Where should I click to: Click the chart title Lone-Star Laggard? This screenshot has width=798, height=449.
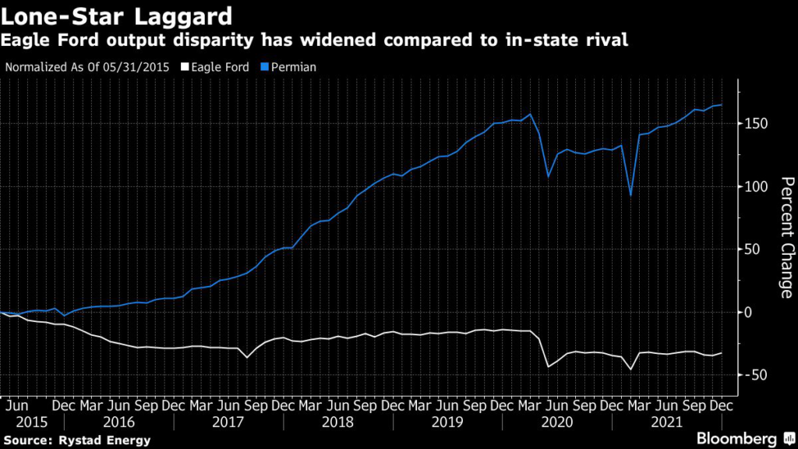[x=117, y=16]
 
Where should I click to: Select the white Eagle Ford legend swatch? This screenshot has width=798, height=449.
[x=185, y=67]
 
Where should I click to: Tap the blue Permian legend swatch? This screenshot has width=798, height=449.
[x=264, y=67]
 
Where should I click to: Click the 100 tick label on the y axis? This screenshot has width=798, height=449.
[x=756, y=187]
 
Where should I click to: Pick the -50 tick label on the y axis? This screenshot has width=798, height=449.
[x=754, y=375]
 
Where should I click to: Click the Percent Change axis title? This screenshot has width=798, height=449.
[x=787, y=238]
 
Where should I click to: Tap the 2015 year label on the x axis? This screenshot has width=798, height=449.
[x=31, y=422]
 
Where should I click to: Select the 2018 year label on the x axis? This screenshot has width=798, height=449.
[x=337, y=422]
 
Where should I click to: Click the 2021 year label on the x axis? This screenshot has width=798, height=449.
[x=667, y=422]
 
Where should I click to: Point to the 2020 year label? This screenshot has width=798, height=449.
[x=557, y=422]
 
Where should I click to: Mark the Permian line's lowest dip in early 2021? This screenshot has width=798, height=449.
[x=631, y=196]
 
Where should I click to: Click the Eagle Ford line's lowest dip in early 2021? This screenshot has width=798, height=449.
[x=631, y=369]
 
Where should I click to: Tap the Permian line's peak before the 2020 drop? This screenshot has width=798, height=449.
[x=531, y=115]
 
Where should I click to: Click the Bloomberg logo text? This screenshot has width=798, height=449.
[x=736, y=439]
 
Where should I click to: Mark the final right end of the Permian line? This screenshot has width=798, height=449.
[x=721, y=105]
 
